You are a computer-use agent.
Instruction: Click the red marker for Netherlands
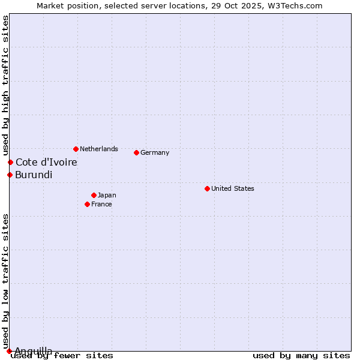click(76, 149)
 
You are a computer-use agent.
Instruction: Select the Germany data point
click(136, 152)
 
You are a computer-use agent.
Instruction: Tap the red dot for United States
click(207, 188)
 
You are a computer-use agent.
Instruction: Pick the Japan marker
click(94, 195)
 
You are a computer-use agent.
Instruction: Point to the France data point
click(87, 204)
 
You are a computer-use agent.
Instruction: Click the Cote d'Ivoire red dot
click(10, 162)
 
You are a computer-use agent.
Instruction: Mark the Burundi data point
click(10, 175)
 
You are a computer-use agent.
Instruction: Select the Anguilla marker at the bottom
click(9, 351)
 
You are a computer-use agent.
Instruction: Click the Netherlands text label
click(98, 149)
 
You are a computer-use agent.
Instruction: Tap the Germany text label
click(155, 152)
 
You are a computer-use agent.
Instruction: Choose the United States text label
click(232, 188)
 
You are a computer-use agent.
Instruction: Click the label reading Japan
click(107, 195)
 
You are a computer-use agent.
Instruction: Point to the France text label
click(101, 204)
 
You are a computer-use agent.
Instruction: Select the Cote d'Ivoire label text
click(46, 162)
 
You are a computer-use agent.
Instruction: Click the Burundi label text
click(34, 175)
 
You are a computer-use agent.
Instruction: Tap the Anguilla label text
click(33, 351)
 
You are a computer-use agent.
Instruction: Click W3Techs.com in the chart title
click(294, 5)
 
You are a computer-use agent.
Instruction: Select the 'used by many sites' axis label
click(301, 355)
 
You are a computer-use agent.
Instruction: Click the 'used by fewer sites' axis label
click(62, 355)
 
